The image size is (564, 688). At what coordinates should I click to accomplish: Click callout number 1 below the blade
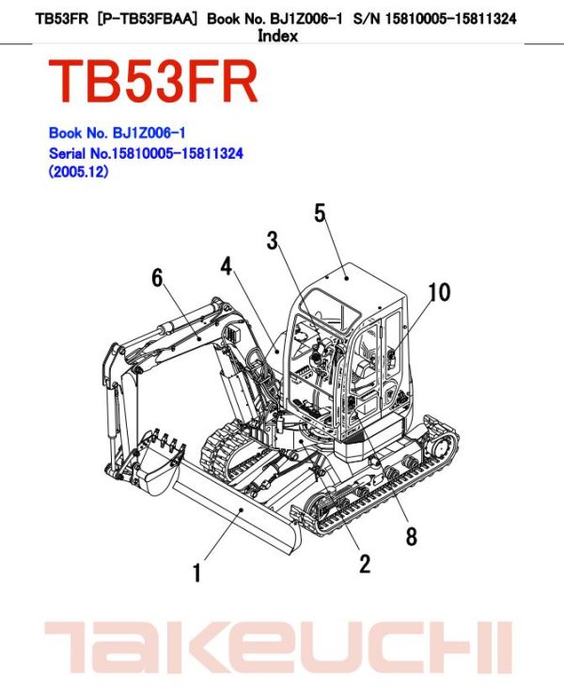196,571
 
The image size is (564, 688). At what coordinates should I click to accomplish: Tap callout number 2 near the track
365,563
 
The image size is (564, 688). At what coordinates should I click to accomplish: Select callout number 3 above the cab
273,241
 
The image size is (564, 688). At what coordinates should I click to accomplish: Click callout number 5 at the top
320,212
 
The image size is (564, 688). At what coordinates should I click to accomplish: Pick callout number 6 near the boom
157,277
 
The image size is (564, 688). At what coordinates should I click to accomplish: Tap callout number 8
411,537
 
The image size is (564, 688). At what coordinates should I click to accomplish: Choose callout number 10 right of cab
439,292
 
